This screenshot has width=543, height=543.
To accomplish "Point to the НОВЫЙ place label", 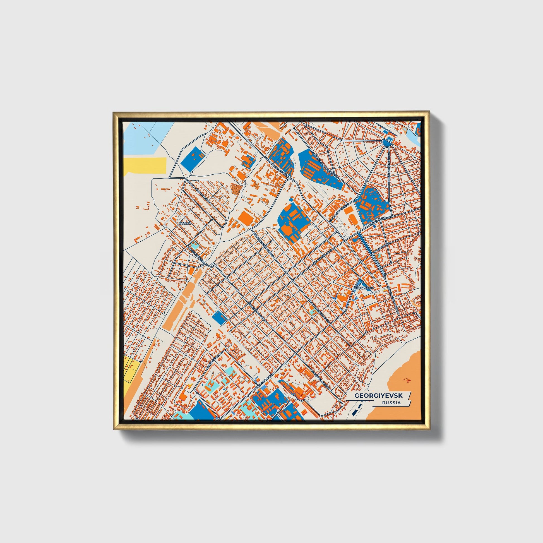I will point(185,223).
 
